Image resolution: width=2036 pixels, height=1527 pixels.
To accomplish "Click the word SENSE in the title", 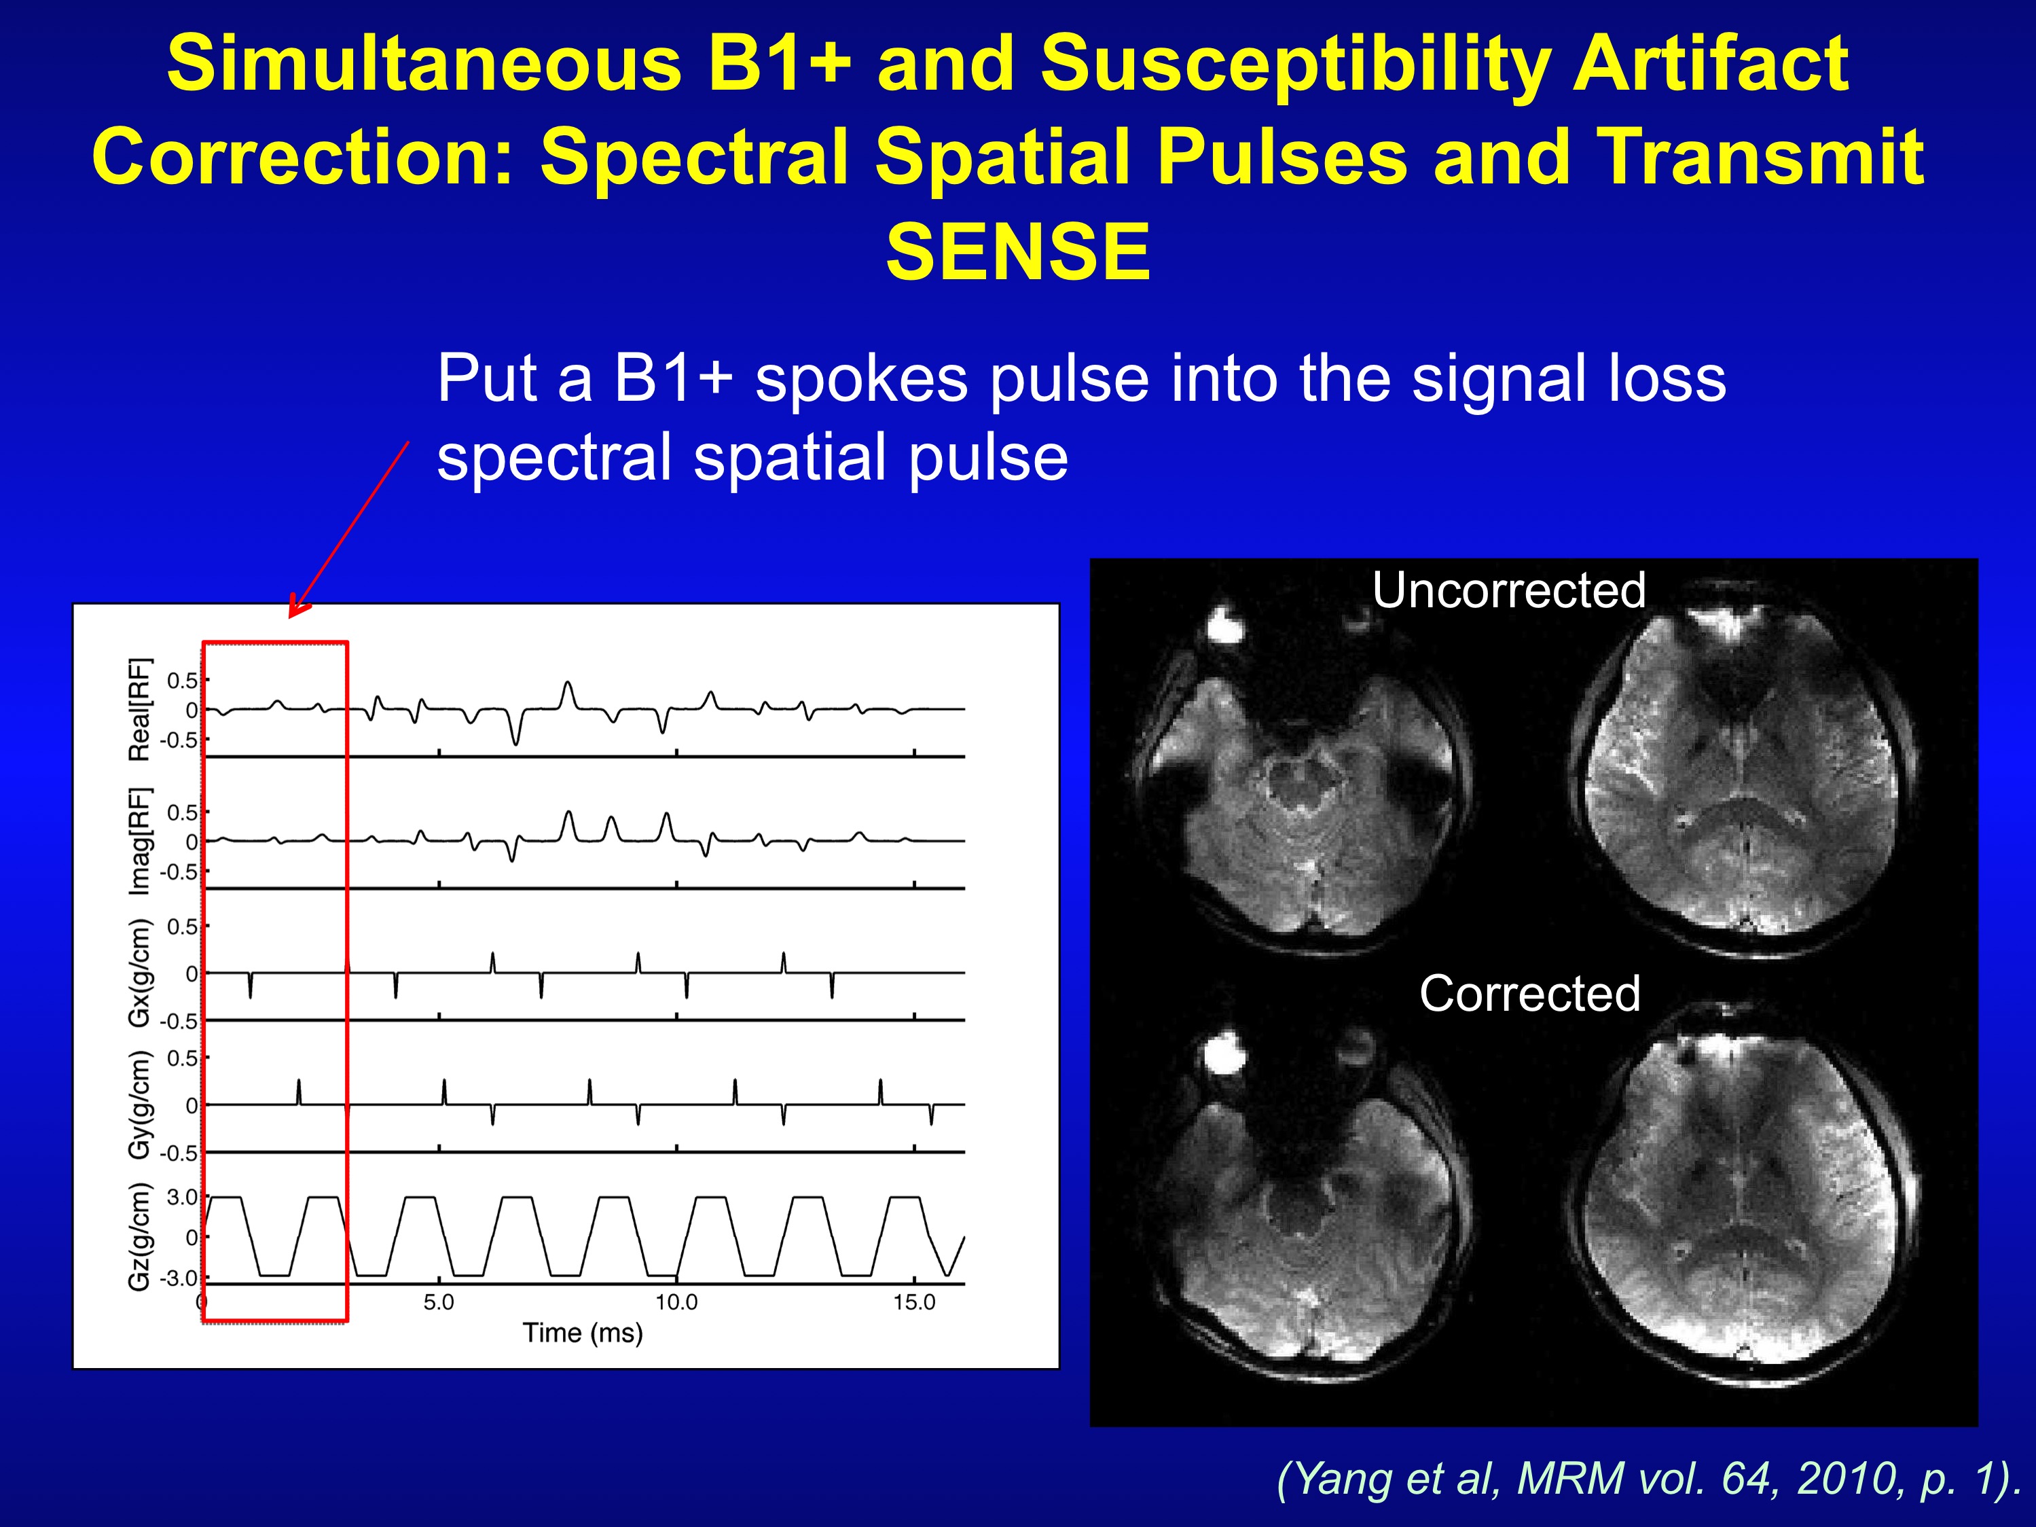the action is tap(1018, 251).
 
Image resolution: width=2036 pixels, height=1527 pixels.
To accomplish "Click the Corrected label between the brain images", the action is tap(1530, 993).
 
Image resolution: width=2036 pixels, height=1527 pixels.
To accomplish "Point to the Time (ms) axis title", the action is tap(583, 1333).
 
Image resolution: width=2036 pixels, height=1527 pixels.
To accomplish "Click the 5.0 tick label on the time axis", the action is tap(439, 1302).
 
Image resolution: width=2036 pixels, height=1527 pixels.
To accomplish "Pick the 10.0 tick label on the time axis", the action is tap(676, 1302).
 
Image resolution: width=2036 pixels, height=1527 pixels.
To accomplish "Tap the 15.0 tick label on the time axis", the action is tap(914, 1302).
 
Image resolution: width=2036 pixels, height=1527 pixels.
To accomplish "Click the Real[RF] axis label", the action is tap(139, 710).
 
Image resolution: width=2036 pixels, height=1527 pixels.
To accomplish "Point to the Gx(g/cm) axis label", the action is tap(139, 973).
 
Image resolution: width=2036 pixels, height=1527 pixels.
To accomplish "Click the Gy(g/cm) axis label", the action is tap(139, 1104).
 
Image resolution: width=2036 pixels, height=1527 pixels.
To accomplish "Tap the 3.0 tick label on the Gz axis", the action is tap(182, 1198).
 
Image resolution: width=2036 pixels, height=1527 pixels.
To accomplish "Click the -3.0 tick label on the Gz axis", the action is tap(179, 1278).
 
